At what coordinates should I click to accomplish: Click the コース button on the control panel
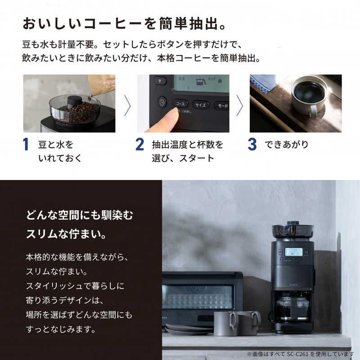point(181,103)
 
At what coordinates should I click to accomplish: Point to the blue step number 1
point(26,145)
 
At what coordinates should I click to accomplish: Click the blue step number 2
point(140,145)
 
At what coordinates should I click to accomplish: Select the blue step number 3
point(252,145)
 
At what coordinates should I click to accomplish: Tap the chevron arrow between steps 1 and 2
point(127,105)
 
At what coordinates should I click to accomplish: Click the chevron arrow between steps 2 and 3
point(240,105)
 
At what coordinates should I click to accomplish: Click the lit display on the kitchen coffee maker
point(293,251)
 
